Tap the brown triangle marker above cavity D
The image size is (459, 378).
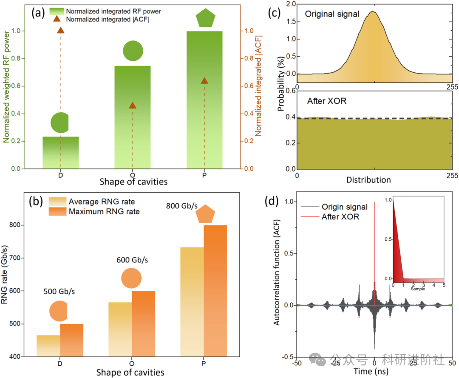click(60, 30)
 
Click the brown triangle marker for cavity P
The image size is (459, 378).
click(204, 81)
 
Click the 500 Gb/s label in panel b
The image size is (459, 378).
click(59, 292)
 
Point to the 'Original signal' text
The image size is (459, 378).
click(332, 14)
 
